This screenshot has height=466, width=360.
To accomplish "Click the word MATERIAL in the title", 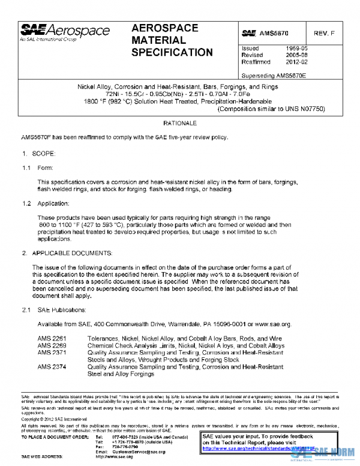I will coord(158,40).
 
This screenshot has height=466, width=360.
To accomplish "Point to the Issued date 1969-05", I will coord(296,48).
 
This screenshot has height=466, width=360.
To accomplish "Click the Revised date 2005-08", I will coord(296,55).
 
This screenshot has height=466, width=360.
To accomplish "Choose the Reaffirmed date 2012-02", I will coord(296,61).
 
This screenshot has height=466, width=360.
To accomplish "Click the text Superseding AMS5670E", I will coord(273,76).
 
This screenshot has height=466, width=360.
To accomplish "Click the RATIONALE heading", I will coord(180,123).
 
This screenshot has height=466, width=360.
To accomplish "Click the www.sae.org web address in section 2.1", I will coord(273,324).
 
